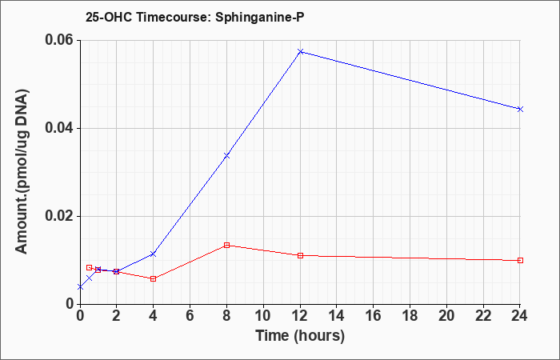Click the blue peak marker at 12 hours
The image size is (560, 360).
coord(300,52)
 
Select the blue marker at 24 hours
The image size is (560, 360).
coord(520,109)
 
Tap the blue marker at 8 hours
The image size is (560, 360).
coord(226,156)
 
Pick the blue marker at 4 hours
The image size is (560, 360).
coord(154,254)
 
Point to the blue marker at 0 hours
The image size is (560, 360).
coord(80,287)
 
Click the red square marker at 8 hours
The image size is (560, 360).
coord(226,245)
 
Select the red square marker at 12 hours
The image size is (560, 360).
coord(300,255)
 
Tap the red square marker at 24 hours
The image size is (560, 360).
coord(520,260)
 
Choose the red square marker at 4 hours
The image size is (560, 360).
coord(154,278)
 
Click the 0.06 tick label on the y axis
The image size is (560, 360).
coord(60,40)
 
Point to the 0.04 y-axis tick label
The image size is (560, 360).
coord(60,128)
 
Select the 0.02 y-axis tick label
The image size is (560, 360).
coord(60,216)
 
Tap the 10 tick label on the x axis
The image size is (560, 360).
coord(263,316)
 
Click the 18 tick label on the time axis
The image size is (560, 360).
coord(410,316)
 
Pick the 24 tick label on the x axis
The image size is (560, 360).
coord(519,316)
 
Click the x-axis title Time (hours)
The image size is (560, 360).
coord(300,337)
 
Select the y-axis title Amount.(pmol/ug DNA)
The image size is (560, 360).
coord(22,172)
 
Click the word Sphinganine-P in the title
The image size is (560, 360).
coord(260,18)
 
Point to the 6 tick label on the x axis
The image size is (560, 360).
coord(190,316)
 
